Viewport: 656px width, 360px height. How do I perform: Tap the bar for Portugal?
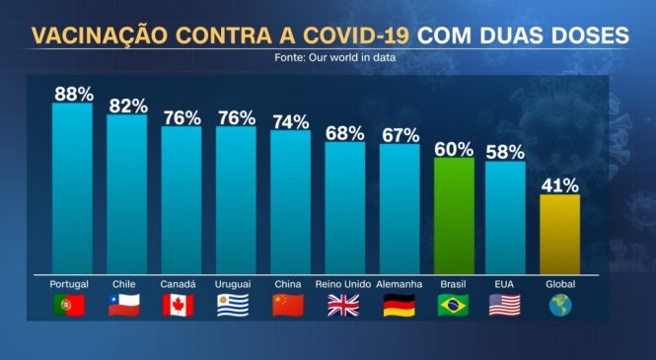click(x=71, y=187)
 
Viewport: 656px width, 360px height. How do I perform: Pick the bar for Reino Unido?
click(x=344, y=207)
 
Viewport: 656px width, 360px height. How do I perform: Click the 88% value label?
click(x=74, y=95)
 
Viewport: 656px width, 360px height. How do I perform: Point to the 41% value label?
click(x=559, y=184)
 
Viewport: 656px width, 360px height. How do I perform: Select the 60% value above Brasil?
click(x=453, y=148)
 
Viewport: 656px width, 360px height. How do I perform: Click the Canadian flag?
click(x=179, y=305)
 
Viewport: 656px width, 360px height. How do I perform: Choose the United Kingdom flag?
click(x=343, y=305)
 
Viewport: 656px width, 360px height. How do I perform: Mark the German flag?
click(x=399, y=305)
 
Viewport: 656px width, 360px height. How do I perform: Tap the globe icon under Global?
click(x=559, y=305)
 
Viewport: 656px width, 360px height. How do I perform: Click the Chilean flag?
click(x=124, y=305)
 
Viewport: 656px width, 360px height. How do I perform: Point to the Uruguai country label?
click(x=234, y=284)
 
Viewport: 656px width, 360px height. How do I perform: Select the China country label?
click(x=289, y=284)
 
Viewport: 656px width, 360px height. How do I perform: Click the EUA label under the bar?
click(x=505, y=284)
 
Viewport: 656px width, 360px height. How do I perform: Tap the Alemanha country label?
click(x=400, y=284)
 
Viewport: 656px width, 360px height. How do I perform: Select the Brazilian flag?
click(x=453, y=305)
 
